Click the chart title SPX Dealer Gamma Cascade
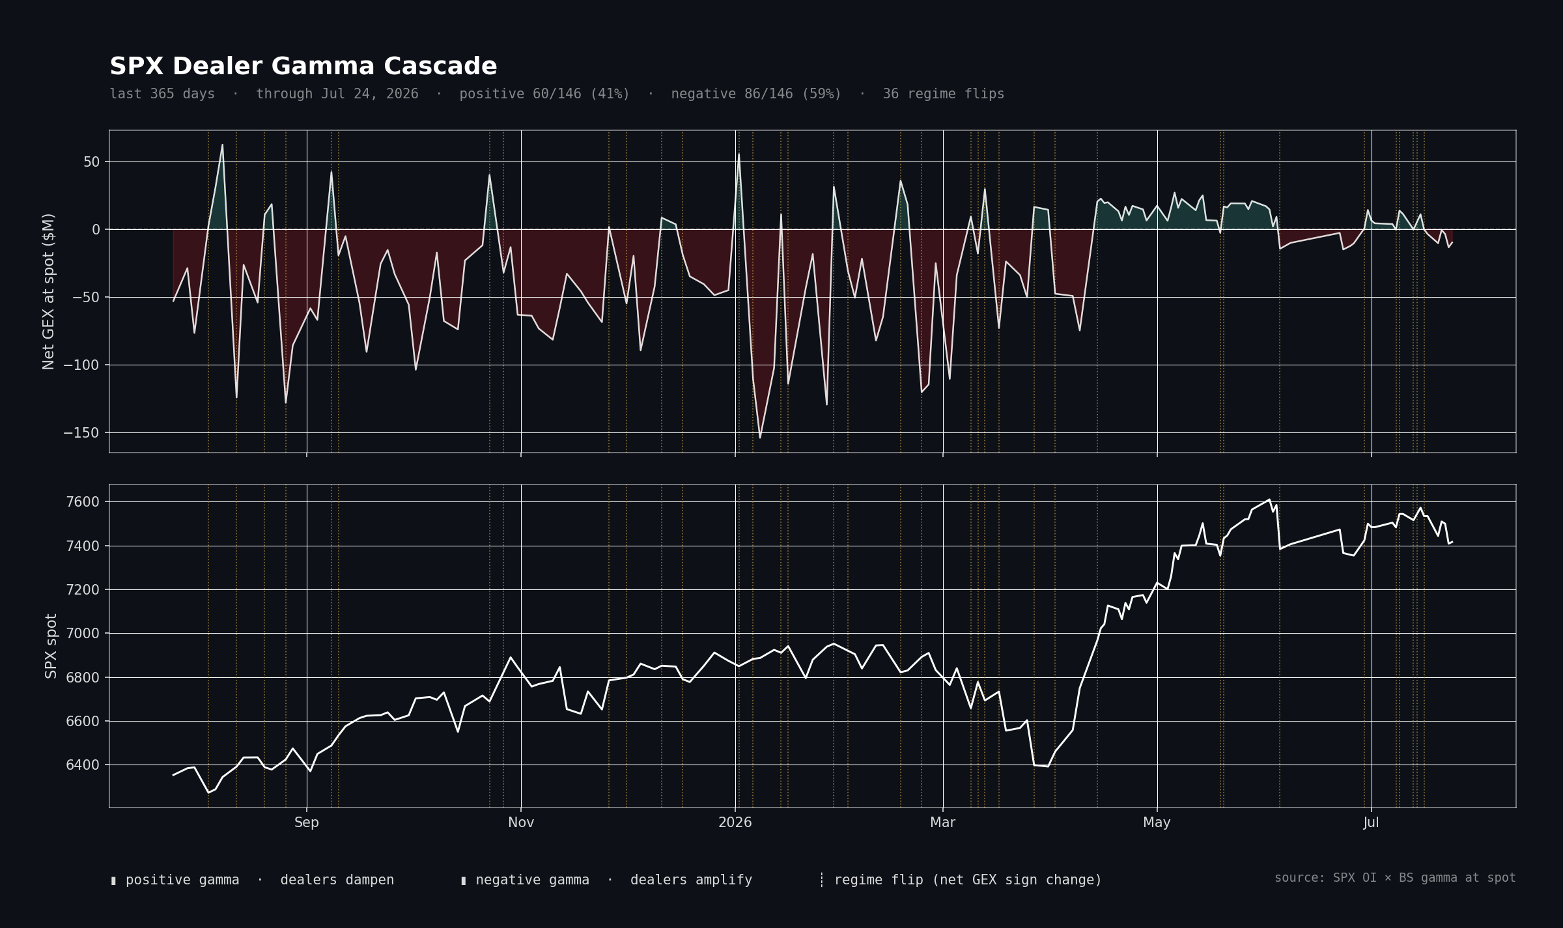pos(303,66)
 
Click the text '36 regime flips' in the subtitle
pos(943,94)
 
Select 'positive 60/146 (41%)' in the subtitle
pos(544,94)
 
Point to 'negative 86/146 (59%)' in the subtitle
pos(756,94)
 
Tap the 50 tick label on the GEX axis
pos(92,162)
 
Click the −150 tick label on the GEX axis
pos(82,432)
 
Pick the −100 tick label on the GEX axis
pos(82,365)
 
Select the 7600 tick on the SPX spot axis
pos(83,501)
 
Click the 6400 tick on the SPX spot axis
pos(83,765)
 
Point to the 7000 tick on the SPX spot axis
pos(83,633)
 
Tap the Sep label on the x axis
pos(307,823)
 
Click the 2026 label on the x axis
pos(735,823)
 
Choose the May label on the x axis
pos(1157,823)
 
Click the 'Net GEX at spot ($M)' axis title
pos(49,292)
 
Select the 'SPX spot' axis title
pos(51,646)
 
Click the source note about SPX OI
pos(1395,878)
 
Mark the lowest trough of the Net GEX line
pos(760,438)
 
